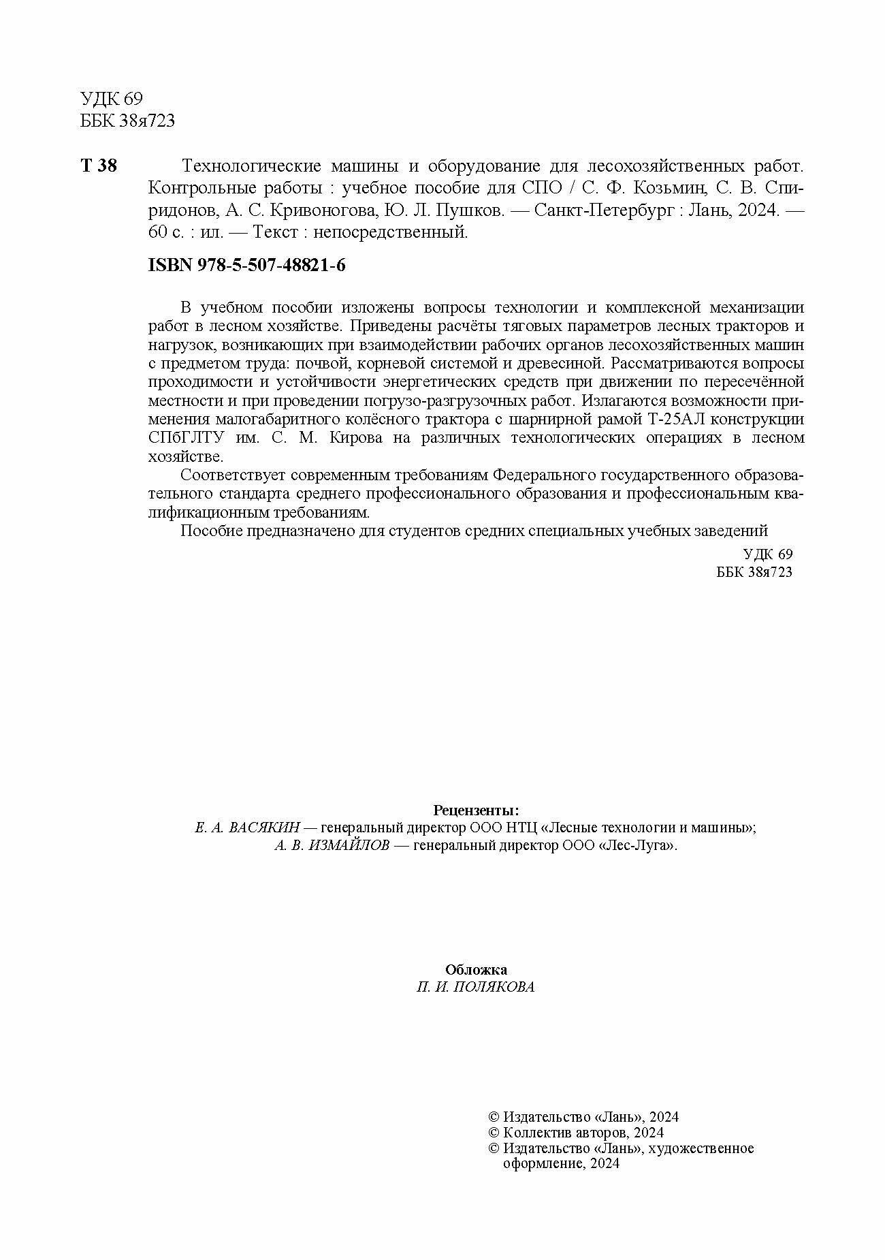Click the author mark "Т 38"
pyautogui.click(x=99, y=166)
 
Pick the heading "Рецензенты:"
pyautogui.click(x=476, y=810)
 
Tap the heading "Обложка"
pyautogui.click(x=476, y=969)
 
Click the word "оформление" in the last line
pyautogui.click(x=541, y=1164)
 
